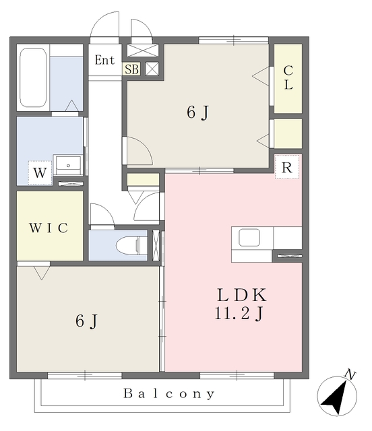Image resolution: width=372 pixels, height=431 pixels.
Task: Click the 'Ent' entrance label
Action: (104, 60)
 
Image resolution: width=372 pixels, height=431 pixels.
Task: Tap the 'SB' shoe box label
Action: (132, 69)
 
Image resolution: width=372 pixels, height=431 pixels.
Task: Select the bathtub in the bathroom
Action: (33, 78)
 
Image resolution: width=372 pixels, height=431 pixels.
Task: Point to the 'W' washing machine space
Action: (40, 173)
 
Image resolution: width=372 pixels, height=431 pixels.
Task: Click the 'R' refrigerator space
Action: (287, 167)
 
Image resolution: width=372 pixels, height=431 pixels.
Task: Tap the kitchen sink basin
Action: (249, 238)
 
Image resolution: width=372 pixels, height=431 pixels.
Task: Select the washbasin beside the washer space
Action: (68, 165)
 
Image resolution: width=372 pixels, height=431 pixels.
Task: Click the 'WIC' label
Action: (49, 228)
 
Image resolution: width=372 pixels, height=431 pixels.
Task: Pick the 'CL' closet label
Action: (288, 77)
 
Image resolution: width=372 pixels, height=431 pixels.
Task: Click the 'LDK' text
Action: (242, 295)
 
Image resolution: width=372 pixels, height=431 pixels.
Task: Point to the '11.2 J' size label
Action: (239, 313)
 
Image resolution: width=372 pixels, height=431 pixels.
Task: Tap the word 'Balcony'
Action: (168, 393)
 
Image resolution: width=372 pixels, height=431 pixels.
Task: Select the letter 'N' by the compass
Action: (350, 374)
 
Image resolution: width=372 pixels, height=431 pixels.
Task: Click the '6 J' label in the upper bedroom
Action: (198, 112)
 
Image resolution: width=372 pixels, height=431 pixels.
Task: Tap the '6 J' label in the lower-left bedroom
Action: (86, 321)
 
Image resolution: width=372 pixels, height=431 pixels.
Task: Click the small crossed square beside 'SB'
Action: (152, 69)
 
